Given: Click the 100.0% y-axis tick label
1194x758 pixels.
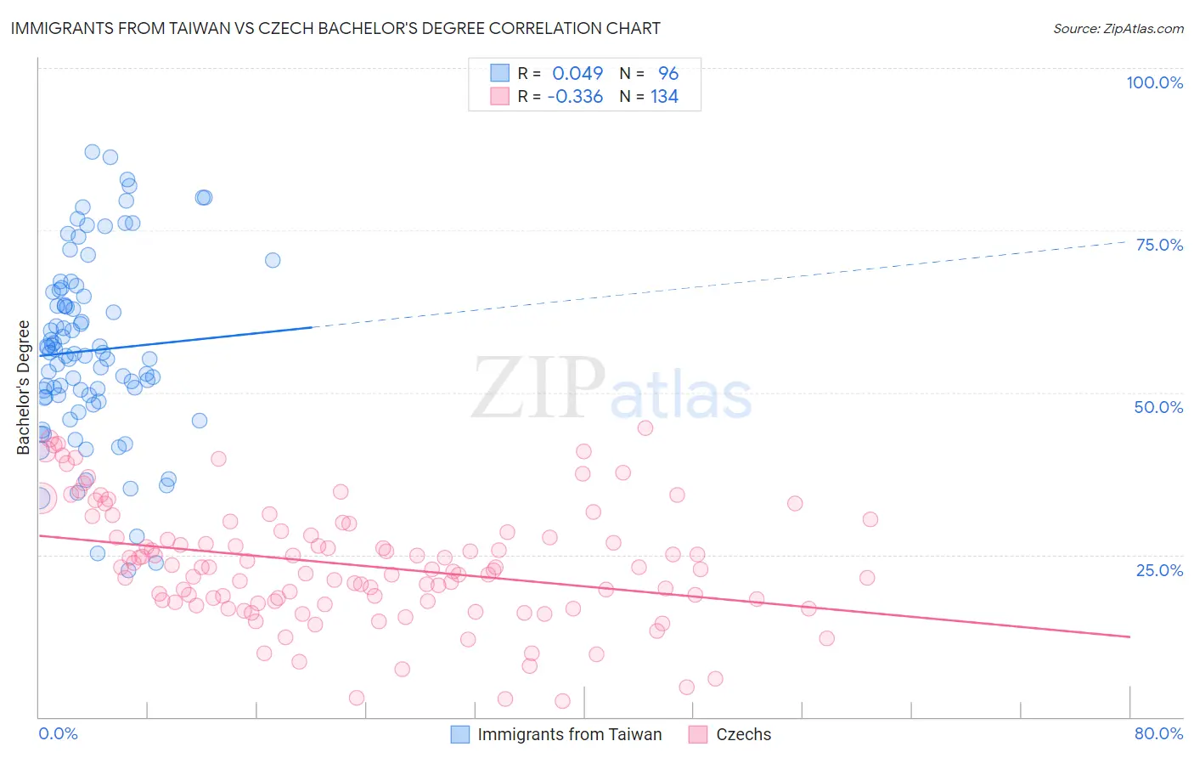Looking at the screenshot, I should (1154, 82).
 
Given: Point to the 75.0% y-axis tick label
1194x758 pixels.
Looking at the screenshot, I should (1159, 245).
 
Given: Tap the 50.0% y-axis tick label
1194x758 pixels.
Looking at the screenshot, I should (1158, 407).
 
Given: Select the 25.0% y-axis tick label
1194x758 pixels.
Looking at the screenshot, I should (1159, 569).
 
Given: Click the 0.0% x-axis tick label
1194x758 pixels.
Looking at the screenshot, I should (58, 733).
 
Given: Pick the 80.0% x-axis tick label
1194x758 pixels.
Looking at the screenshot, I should (1158, 733).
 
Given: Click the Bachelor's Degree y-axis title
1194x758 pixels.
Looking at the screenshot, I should (24, 387).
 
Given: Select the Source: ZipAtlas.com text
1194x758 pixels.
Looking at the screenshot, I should (1118, 28).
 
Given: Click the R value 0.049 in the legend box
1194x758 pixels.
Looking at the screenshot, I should (577, 74).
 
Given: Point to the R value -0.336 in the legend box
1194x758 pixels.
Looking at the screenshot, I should (575, 97).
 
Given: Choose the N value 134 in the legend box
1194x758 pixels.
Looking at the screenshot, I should (664, 97).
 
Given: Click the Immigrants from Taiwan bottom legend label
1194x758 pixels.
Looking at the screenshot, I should (569, 734).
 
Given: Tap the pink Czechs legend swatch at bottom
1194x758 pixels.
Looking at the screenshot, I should (698, 734).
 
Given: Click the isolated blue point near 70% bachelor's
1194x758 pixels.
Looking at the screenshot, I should (273, 260).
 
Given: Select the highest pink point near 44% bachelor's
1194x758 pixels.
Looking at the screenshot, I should (645, 427).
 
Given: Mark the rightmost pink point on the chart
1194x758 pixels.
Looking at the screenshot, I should (870, 519).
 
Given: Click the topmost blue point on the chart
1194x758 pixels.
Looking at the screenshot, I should (92, 152).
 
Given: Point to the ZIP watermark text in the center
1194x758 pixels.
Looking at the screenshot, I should (538, 388).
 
